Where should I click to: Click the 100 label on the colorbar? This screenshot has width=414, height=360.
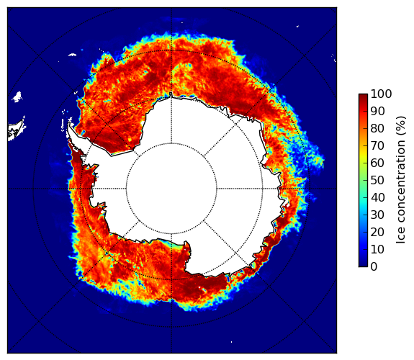[x=381, y=94]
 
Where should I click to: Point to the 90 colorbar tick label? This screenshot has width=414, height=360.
[x=377, y=111]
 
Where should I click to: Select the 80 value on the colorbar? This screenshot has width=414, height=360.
[x=377, y=129]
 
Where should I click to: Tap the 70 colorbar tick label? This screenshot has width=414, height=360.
[x=377, y=145]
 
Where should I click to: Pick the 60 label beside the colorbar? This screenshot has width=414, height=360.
[x=377, y=163]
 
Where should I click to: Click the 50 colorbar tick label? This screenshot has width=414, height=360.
[x=377, y=181]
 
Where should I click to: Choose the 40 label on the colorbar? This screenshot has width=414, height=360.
[x=377, y=197]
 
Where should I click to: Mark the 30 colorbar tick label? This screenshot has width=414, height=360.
[x=377, y=215]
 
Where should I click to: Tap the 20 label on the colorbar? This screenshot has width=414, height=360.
[x=377, y=232]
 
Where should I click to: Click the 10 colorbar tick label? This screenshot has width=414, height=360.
[x=377, y=249]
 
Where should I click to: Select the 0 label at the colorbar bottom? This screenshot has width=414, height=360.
[x=374, y=267]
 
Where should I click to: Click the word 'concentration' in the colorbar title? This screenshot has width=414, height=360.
[x=401, y=182]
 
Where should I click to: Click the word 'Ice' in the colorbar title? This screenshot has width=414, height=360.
[x=401, y=236]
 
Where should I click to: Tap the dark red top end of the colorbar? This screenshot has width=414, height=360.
[x=363, y=96]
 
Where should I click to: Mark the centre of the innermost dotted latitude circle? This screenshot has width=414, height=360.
[x=171, y=189]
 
